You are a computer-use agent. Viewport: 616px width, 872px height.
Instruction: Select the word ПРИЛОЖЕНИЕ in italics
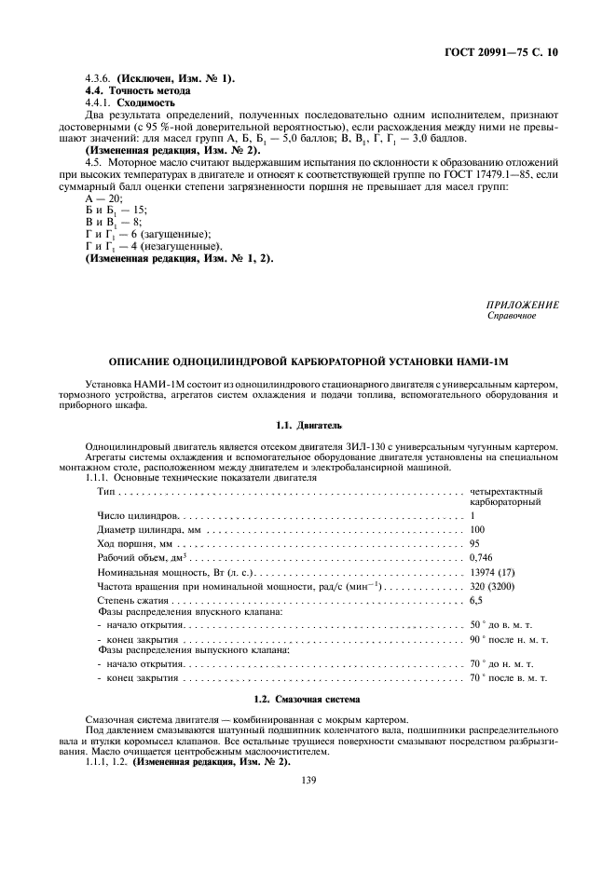(x=523, y=304)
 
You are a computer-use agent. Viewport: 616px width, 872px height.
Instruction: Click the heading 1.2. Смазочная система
(x=308, y=698)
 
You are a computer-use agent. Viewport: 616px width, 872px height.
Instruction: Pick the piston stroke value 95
(x=475, y=543)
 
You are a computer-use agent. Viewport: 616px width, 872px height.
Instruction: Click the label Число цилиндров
(x=137, y=515)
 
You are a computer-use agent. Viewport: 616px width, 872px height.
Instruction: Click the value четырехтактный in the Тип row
(x=506, y=490)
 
